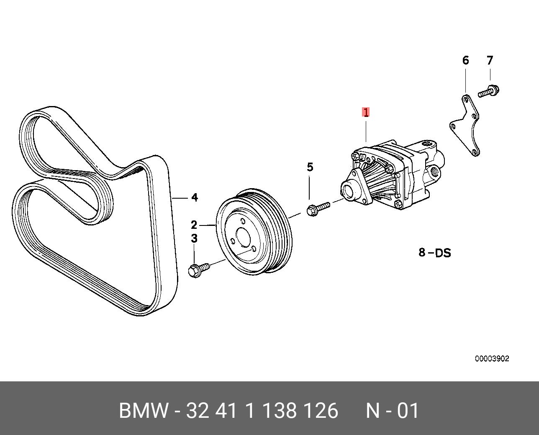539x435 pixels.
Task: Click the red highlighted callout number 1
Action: (366, 112)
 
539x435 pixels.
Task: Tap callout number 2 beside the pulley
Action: (194, 225)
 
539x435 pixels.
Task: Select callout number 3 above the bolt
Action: (194, 238)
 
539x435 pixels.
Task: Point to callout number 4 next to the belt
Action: (195, 197)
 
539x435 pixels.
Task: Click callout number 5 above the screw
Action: (310, 167)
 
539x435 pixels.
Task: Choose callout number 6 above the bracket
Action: (466, 60)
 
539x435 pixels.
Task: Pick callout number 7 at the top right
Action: (490, 60)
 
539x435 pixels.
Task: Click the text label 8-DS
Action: (435, 253)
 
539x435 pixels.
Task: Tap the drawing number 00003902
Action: (492, 359)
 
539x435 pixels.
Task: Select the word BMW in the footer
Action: (144, 411)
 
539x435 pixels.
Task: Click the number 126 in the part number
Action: (321, 411)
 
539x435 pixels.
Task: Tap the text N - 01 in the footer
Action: (392, 411)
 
